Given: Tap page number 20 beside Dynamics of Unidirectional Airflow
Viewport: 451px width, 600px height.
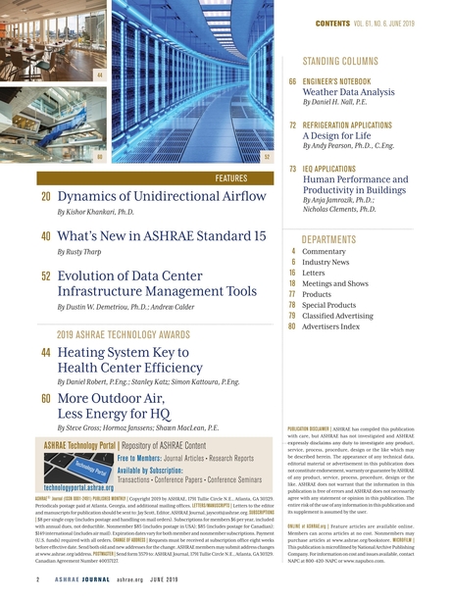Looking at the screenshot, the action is [x=46, y=198].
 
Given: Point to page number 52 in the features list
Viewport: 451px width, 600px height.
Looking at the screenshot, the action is [x=46, y=275].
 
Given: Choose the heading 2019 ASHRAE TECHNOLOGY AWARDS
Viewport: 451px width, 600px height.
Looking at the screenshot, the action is [x=124, y=334].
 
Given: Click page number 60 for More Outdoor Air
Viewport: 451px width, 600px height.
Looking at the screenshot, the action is [x=46, y=400].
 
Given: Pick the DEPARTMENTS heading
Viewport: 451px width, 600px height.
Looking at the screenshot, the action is [x=329, y=239].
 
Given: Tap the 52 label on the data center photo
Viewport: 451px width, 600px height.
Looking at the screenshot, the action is [x=268, y=156].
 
